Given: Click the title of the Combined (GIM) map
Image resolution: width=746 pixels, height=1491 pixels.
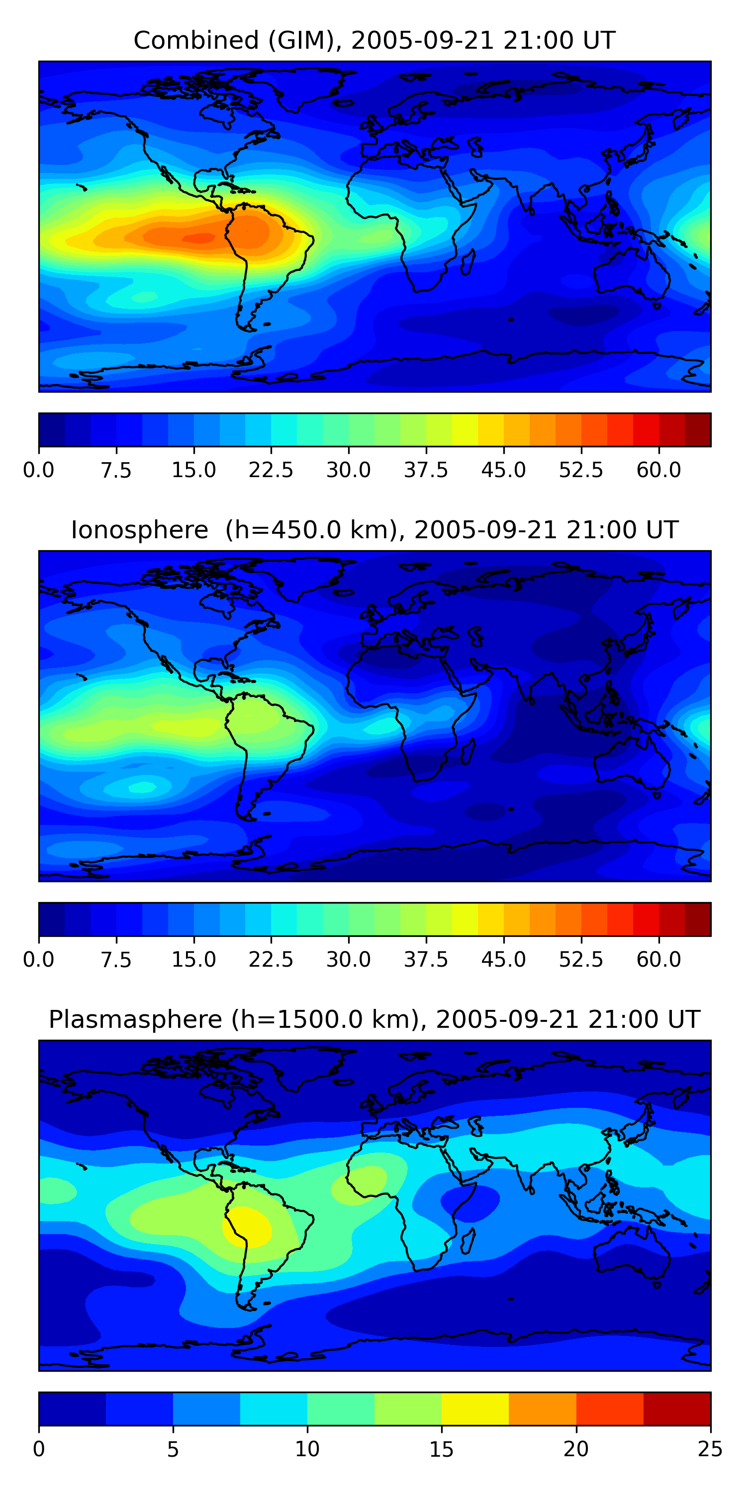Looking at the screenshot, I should click(x=373, y=41).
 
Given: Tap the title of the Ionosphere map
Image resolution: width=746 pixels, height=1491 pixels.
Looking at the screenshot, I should click(x=373, y=530).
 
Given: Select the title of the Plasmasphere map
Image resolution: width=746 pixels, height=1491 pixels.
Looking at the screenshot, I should click(x=373, y=1019).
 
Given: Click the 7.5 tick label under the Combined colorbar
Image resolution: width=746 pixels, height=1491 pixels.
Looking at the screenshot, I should click(x=116, y=470).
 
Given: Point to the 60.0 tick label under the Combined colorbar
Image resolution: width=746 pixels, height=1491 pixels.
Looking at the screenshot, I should click(x=658, y=470).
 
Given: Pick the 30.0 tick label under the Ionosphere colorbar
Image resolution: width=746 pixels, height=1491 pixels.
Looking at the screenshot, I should click(x=348, y=959).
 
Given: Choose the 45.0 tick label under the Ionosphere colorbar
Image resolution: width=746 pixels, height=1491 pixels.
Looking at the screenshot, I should click(x=503, y=959).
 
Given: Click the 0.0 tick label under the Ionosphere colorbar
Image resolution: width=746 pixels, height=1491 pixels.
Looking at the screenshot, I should click(x=39, y=959).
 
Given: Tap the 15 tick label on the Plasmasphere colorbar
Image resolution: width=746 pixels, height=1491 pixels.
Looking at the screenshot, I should click(x=441, y=1449).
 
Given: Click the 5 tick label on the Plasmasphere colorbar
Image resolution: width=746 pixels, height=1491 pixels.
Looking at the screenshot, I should click(x=173, y=1449).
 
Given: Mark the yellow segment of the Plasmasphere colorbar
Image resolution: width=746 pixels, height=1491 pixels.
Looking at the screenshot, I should click(x=475, y=1408).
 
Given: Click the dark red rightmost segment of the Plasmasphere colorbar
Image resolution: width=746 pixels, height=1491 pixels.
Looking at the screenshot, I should click(x=676, y=1408).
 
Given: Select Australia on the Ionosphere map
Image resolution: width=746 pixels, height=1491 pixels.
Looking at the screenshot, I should click(x=631, y=764).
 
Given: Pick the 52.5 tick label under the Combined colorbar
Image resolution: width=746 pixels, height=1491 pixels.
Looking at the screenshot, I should click(x=581, y=470).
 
